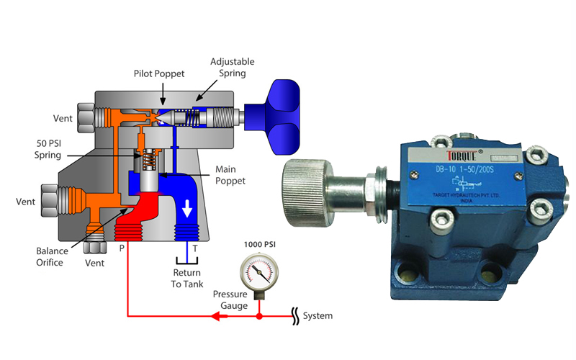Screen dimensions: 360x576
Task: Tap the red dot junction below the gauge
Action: [259, 316]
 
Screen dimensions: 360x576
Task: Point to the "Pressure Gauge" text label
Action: [230, 300]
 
